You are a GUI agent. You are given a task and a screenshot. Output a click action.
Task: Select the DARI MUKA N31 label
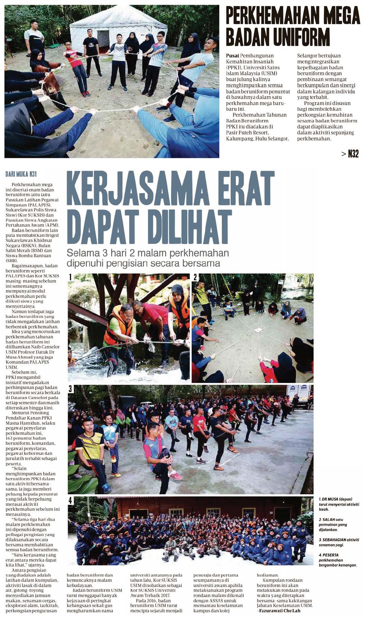(21, 174)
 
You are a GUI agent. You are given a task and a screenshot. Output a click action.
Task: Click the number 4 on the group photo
(70, 501)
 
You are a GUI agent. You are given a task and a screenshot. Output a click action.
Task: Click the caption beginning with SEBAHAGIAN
(339, 542)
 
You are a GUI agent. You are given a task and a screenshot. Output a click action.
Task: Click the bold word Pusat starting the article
(232, 56)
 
